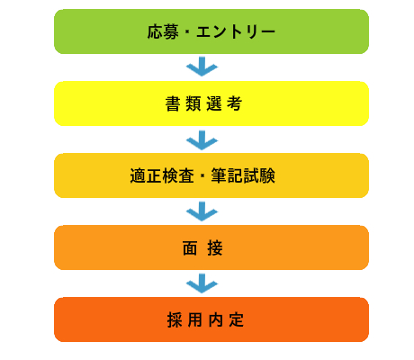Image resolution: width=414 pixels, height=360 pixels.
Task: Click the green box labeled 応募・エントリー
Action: pos(211,31)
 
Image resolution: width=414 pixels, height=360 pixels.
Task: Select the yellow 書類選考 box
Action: pos(211,103)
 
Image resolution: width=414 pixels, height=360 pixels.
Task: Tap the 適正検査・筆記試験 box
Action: pos(211,175)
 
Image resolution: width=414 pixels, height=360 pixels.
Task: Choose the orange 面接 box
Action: pos(211,247)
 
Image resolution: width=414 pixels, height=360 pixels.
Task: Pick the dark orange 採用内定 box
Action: pos(211,319)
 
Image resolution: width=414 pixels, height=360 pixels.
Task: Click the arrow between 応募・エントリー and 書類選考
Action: pos(202,67)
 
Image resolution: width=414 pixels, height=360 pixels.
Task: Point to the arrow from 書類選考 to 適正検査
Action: pos(202,140)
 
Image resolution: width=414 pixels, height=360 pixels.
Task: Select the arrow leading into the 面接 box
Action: pos(202,211)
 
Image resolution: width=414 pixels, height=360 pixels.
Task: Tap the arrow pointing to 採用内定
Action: pos(202,283)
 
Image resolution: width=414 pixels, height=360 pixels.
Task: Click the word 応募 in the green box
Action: pos(163,31)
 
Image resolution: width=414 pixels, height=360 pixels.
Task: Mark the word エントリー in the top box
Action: pos(236,31)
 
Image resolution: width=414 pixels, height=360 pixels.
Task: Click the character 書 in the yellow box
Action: pos(173,103)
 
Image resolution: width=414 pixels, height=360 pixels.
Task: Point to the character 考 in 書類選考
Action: pos(234,103)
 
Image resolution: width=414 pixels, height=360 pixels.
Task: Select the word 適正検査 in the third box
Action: pos(162,175)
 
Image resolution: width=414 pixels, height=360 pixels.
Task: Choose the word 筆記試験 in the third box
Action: pos(243,175)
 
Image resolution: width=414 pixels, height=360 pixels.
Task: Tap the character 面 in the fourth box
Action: pos(190,248)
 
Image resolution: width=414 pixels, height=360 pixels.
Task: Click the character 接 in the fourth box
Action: pos(215,248)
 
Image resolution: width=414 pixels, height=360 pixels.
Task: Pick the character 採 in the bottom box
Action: pos(175,320)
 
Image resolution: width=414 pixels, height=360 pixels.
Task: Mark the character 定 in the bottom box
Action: pos(237,320)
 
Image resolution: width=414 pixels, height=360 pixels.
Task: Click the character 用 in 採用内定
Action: pos(195,320)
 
